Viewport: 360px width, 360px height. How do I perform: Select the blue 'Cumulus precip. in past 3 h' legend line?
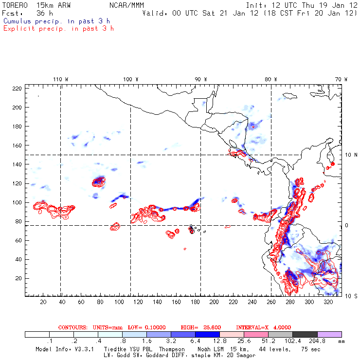point(56,21)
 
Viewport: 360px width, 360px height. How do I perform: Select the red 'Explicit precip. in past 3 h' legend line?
point(58,28)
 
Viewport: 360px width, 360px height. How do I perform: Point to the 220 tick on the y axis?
point(17,88)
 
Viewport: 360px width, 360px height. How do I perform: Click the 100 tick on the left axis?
point(17,202)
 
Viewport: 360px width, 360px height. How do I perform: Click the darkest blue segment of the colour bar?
point(208,335)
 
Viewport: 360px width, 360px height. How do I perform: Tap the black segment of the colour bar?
point(305,335)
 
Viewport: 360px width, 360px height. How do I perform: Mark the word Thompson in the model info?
point(171,349)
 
